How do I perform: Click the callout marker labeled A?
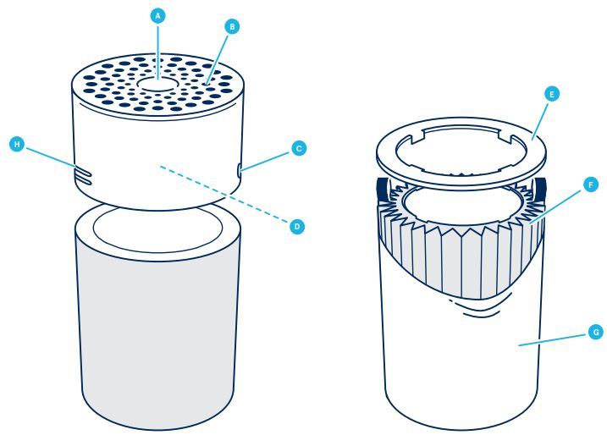coord(157,14)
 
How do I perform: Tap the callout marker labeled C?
coord(297,148)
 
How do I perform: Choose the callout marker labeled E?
coord(551,96)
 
